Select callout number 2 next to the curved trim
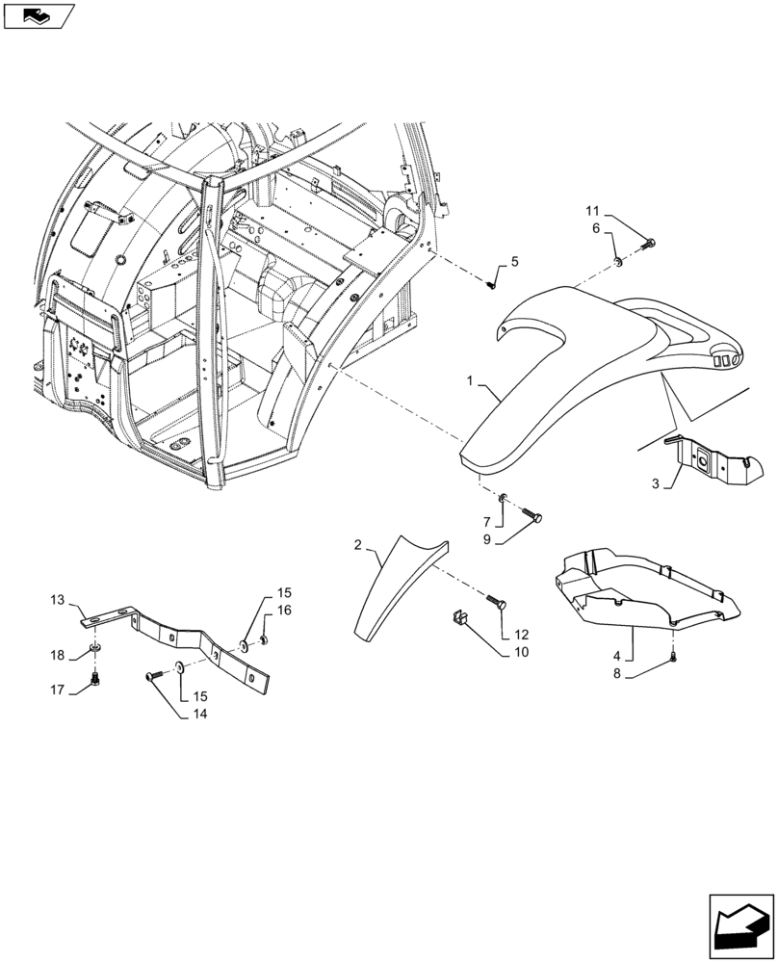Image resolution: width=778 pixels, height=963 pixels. pos(358,546)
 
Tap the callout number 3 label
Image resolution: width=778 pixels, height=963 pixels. pos(656,484)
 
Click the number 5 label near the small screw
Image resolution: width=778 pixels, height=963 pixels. pos(514,262)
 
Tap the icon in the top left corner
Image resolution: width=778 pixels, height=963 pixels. pos(37,14)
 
